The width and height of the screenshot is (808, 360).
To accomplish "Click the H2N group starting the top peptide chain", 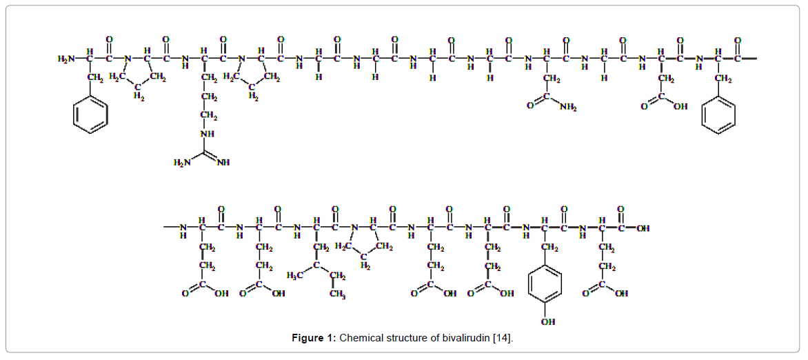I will [x=67, y=59].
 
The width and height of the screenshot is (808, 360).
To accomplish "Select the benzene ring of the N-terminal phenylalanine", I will [x=90, y=114].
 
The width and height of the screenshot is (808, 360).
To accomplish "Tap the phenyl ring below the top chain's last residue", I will [x=718, y=114].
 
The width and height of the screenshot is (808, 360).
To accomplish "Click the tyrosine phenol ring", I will [x=545, y=283].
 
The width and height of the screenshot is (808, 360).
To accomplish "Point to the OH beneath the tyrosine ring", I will [x=546, y=321].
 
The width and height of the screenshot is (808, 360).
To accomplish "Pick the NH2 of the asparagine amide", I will [x=569, y=107].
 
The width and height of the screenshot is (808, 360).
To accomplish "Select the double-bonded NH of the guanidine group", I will [x=223, y=163].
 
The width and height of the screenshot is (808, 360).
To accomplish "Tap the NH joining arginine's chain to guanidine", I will [x=207, y=133].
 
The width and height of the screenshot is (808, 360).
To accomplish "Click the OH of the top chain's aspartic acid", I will [x=680, y=107].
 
